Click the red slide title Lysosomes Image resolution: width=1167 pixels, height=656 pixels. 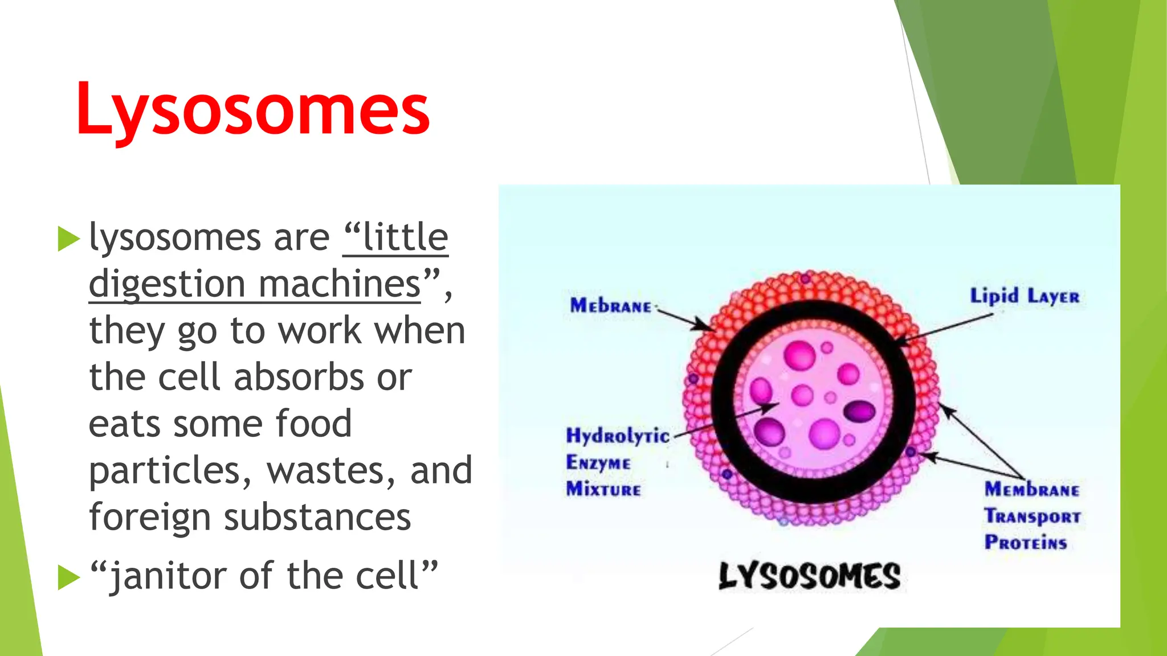252,109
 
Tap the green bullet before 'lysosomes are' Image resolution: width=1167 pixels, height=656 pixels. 68,239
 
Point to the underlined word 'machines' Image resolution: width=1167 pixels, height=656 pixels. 340,284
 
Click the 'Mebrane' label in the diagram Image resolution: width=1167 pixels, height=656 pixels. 610,306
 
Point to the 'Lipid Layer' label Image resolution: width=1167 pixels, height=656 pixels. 1024,297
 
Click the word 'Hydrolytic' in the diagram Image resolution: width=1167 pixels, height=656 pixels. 617,436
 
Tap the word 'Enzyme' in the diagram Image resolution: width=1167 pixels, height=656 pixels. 598,462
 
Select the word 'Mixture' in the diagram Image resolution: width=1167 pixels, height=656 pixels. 603,489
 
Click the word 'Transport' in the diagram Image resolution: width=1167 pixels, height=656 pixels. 1032,516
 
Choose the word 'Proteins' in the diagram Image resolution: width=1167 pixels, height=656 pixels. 1025,542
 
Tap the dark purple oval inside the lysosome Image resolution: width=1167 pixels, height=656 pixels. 859,411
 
